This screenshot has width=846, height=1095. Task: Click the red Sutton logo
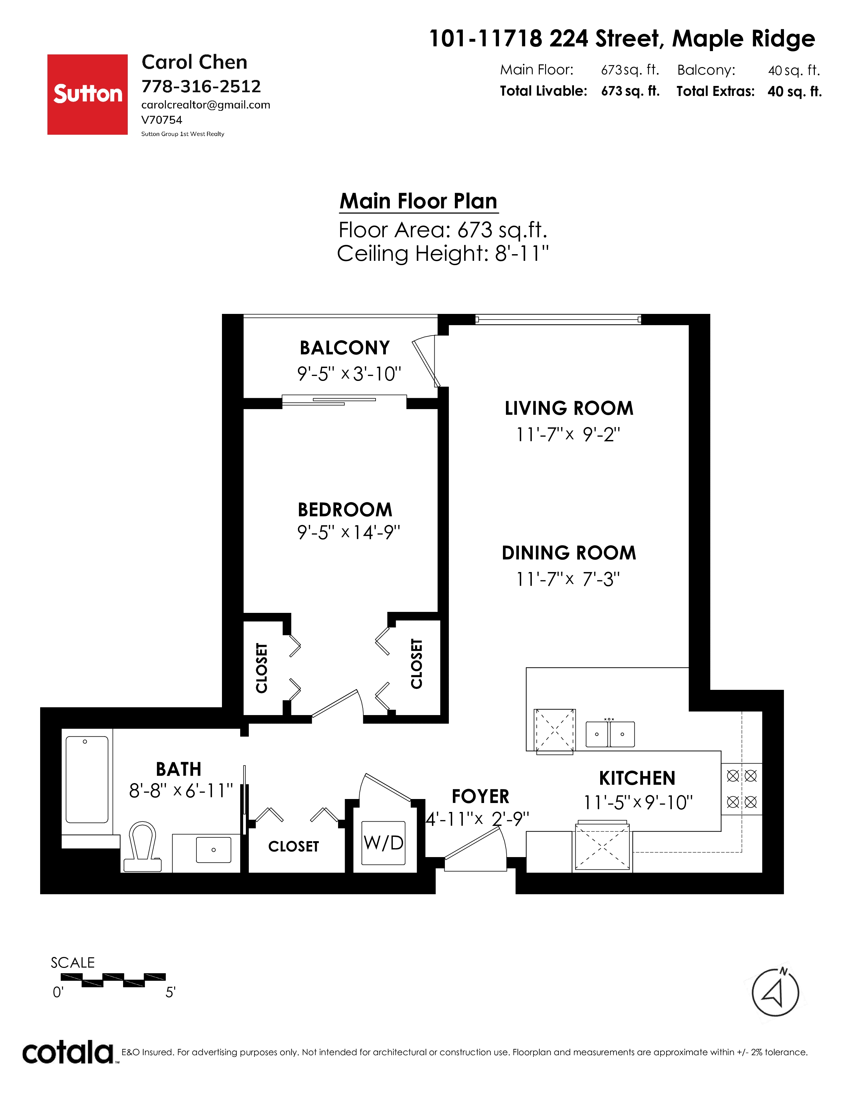[x=87, y=94]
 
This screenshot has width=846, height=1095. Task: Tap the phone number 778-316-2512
[x=201, y=86]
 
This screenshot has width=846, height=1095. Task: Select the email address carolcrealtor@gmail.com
[x=205, y=105]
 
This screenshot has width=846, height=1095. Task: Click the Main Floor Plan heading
[x=418, y=201]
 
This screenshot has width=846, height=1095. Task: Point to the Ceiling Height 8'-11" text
[x=443, y=254]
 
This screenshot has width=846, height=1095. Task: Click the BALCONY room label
[x=345, y=347]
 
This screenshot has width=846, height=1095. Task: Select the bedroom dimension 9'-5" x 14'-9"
[x=349, y=532]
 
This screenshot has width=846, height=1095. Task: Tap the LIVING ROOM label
[x=569, y=408]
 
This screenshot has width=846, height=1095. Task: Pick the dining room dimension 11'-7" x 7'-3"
[x=568, y=579]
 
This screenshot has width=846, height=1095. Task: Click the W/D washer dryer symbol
[x=384, y=843]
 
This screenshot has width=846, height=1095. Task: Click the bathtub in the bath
[x=87, y=780]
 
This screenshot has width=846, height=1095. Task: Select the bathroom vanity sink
[x=214, y=850]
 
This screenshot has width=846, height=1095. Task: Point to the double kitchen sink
[x=610, y=734]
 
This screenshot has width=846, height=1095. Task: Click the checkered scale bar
[x=113, y=980]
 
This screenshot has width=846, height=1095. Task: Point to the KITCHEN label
[x=637, y=778]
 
